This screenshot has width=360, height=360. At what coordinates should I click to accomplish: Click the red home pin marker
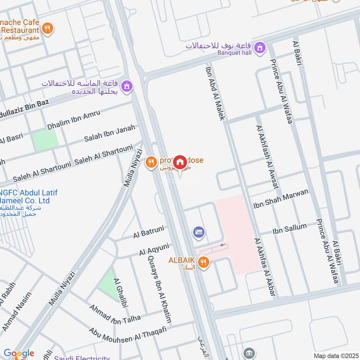pos(180,162)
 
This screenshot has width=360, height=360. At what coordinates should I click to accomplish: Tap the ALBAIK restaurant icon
pos(204,262)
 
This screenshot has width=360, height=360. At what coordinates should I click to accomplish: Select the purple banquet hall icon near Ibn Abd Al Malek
pos(259,47)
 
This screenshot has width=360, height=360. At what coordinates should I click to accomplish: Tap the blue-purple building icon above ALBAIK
pos(198,232)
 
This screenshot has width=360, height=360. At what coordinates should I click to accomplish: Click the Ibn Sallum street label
pos(289,229)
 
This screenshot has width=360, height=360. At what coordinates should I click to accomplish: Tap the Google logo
pos(18,354)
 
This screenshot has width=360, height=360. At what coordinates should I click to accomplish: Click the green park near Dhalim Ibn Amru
pos(45,139)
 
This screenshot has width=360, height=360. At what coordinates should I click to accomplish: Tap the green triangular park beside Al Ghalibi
pos(108,283)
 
